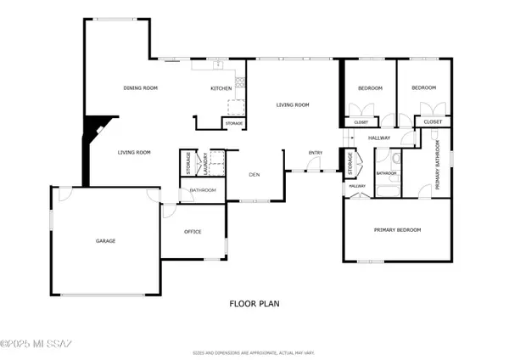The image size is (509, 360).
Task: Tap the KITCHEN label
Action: click(x=221, y=88)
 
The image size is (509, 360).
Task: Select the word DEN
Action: click(x=254, y=175)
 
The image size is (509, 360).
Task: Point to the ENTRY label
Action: click(x=316, y=153)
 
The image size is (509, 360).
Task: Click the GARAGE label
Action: click(x=105, y=241)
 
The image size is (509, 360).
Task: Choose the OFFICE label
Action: click(x=193, y=231)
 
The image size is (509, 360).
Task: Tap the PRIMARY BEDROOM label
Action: click(x=398, y=230)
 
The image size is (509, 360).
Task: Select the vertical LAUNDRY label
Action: click(x=204, y=162)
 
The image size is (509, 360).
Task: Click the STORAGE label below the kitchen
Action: click(x=234, y=123)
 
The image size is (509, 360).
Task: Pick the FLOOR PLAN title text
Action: click(x=255, y=303)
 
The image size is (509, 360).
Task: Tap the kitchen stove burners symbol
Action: click(x=241, y=82)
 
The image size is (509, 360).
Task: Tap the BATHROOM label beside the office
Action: click(x=203, y=190)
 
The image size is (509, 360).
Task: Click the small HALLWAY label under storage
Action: click(x=356, y=186)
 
